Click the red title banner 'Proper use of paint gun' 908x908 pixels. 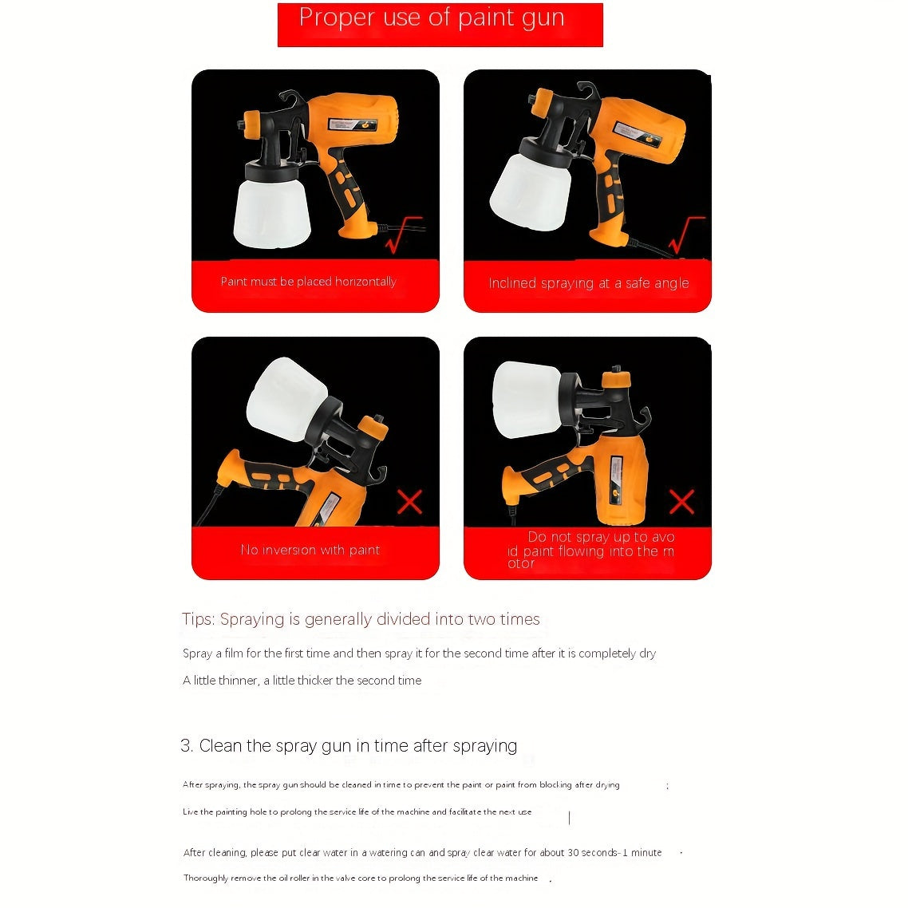point(440,25)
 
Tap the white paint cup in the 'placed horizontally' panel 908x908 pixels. point(271,213)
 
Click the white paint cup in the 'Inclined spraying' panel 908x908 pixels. point(530,191)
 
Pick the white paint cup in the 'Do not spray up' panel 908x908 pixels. point(527,400)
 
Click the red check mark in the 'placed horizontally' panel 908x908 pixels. point(404,235)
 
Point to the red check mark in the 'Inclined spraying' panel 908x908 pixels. point(687,235)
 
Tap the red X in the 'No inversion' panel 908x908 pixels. point(410,502)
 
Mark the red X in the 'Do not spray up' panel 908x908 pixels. point(681,502)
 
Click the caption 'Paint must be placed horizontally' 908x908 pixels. point(309,282)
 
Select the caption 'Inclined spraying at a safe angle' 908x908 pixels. point(588,283)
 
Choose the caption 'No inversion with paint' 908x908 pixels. point(310,550)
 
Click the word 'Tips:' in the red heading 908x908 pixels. point(199,619)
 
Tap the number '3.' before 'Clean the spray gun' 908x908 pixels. point(187,745)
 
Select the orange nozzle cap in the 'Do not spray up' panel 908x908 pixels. point(616,380)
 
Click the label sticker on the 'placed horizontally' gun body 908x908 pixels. point(353,124)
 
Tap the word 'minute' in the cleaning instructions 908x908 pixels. point(646,852)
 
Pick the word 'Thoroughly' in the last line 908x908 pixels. point(206,878)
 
